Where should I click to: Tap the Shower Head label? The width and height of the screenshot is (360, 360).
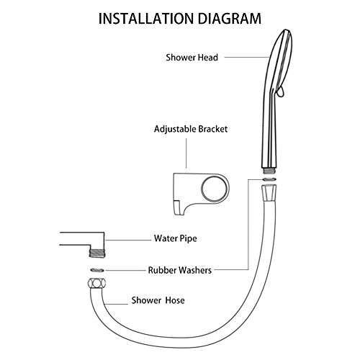192,58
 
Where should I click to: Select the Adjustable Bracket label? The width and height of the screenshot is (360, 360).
191,129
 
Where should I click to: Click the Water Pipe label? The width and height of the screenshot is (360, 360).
176,238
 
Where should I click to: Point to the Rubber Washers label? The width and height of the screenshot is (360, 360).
180,270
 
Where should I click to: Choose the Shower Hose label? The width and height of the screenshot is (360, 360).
158,300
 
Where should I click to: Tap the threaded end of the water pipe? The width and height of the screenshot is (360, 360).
97,253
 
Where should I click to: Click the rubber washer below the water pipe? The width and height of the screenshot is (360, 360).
97,270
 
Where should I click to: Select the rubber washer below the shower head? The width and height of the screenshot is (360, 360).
269,179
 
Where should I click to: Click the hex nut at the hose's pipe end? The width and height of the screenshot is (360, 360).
97,284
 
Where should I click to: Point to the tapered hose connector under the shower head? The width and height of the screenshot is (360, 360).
269,194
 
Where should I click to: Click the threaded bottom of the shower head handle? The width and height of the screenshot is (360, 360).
269,171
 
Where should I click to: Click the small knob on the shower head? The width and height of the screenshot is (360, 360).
280,92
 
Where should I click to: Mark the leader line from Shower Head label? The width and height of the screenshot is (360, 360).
247,58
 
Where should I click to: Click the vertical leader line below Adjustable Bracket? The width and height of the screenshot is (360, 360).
186,153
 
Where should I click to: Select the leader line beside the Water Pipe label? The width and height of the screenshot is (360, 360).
128,240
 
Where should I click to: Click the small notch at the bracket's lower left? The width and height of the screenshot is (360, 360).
177,208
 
